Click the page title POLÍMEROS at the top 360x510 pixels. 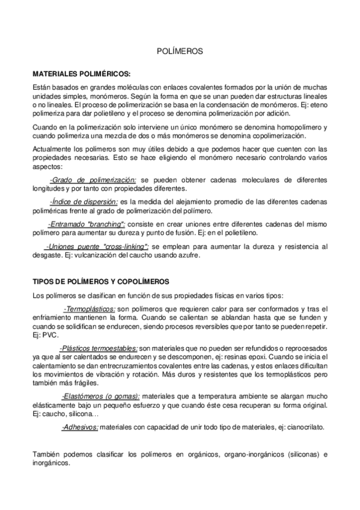pos(180,52)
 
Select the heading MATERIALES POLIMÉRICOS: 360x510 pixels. pos(81,73)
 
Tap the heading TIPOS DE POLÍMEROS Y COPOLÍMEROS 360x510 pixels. pos(101,281)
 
